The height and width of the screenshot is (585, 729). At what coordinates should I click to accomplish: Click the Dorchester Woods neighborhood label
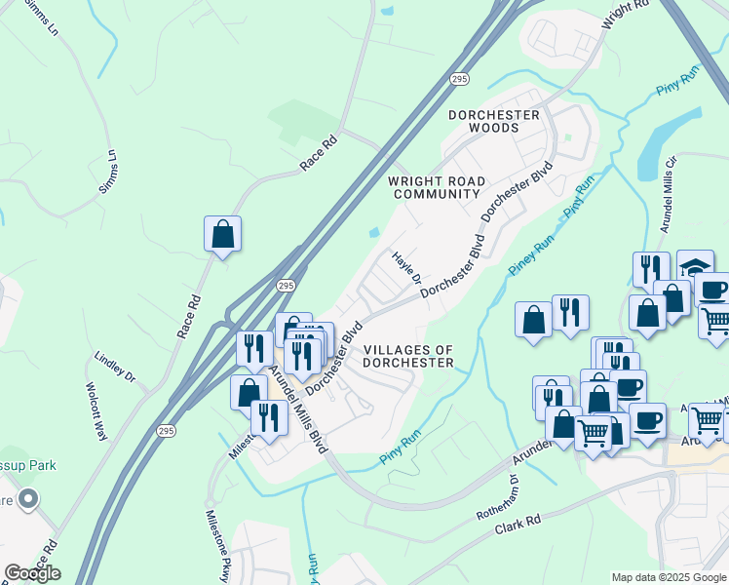coord(493,121)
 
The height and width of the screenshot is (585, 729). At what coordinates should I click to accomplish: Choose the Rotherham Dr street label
coord(496,502)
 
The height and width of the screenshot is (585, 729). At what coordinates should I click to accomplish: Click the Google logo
coord(32,572)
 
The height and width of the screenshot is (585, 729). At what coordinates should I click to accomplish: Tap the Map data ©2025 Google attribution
coord(668,577)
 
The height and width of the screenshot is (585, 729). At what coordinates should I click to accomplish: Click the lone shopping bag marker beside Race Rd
coord(222,234)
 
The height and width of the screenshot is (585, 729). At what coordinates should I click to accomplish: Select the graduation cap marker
coord(695,266)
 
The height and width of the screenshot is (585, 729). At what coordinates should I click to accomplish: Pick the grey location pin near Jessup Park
coord(28,500)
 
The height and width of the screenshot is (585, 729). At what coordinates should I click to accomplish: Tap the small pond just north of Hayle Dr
coord(375,232)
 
